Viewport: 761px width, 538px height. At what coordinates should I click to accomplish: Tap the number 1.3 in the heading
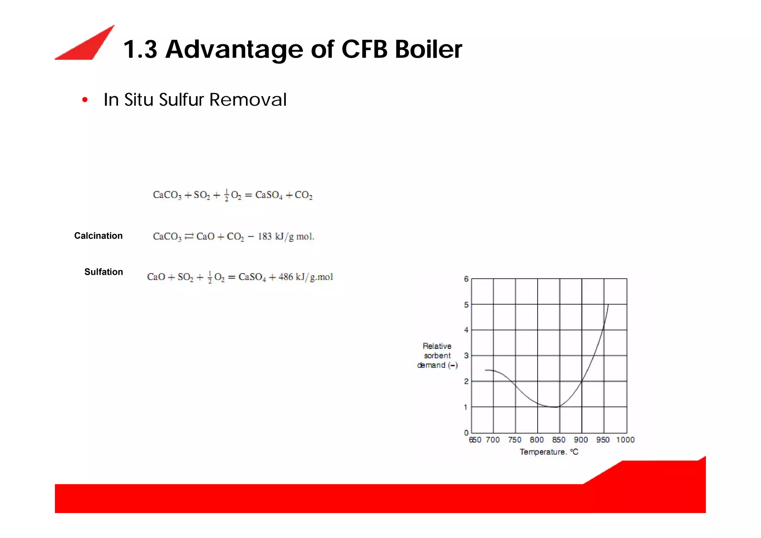tap(140, 49)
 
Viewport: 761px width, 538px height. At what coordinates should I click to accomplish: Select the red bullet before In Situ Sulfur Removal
tap(85, 100)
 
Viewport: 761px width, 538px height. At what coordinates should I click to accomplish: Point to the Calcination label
tap(98, 236)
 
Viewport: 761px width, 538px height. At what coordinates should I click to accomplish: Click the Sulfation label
tap(103, 272)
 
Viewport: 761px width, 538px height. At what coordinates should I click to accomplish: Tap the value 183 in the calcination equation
tap(265, 237)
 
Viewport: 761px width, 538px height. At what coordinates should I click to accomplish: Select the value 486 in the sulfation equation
tap(286, 277)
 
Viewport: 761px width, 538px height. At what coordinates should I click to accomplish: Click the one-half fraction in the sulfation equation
tap(210, 277)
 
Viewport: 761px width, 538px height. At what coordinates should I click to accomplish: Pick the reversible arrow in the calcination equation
tap(189, 236)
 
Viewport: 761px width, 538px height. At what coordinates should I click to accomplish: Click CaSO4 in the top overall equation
tap(269, 195)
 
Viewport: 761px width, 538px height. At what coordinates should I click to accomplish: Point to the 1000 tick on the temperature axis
tap(625, 440)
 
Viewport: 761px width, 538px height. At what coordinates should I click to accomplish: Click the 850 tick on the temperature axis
tap(558, 440)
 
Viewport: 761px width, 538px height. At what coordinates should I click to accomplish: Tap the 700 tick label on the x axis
tap(493, 440)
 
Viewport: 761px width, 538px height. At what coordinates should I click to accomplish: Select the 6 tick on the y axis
tap(466, 279)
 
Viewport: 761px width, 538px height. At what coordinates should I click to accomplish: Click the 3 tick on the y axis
tap(466, 356)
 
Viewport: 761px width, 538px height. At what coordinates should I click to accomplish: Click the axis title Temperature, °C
tap(548, 452)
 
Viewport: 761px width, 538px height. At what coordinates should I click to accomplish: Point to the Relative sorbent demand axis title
tap(437, 356)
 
